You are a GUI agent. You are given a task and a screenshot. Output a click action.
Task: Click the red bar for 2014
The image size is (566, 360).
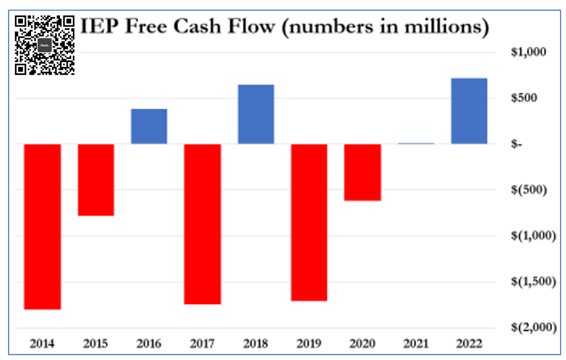tap(43, 226)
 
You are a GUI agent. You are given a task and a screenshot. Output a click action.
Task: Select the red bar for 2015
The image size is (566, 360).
tap(96, 180)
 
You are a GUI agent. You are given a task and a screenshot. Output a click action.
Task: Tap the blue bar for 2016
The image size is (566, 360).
tap(149, 126)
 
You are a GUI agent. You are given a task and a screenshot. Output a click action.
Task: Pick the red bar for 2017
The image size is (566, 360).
tap(203, 223)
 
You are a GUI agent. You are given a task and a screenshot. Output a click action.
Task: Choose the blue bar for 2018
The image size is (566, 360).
tap(256, 114)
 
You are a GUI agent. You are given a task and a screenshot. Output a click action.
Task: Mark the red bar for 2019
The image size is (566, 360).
tap(309, 222)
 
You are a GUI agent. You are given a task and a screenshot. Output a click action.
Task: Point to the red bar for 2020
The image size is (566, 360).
tap(362, 172)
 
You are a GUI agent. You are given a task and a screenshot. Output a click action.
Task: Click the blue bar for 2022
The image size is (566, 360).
tap(469, 111)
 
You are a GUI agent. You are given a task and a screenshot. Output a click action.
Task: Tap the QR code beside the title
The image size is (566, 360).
tap(45, 45)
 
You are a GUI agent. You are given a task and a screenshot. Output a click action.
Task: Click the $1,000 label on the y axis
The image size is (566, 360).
tap(528, 52)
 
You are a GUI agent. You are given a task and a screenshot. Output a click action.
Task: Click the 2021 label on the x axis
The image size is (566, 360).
tap(415, 344)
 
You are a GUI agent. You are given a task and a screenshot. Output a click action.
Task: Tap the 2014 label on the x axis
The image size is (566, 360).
tap(43, 344)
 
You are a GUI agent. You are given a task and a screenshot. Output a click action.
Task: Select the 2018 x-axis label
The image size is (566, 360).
tap(256, 344)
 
